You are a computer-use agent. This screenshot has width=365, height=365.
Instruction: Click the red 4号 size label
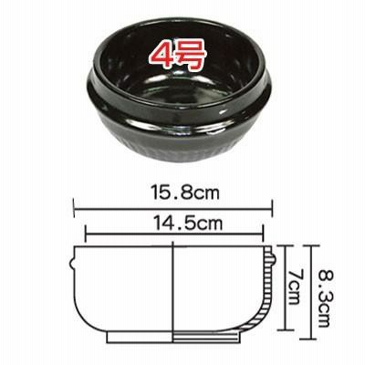[x=178, y=57]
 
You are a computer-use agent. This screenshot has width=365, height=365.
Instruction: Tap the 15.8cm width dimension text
[x=185, y=193]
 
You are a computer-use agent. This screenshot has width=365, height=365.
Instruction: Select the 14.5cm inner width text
[x=188, y=224]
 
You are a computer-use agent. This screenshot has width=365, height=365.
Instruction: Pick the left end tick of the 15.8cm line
[x=74, y=208]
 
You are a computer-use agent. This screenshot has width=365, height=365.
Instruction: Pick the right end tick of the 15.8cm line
[x=272, y=208]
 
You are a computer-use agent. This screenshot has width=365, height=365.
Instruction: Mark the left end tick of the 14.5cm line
[x=86, y=234]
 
